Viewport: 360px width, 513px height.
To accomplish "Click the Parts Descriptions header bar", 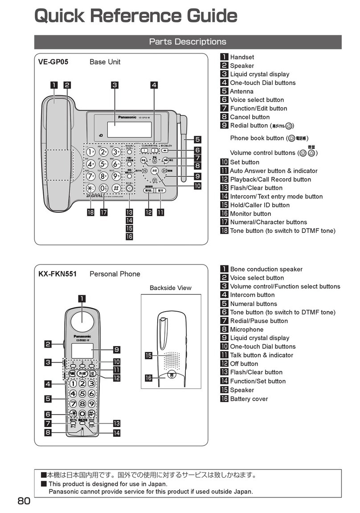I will (x=188, y=42).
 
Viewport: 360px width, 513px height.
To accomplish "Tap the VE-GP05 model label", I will (x=53, y=62).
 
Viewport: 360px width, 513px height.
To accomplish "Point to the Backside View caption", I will (x=170, y=288).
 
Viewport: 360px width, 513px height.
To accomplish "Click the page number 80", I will (x=24, y=501).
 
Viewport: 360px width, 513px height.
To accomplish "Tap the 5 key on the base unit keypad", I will (x=103, y=164).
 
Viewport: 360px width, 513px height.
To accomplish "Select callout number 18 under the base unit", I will (x=91, y=212).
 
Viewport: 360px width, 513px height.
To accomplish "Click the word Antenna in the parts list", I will (x=241, y=91).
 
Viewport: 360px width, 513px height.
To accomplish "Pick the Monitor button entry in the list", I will (x=250, y=214).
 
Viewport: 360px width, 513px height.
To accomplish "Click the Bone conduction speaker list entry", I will (x=266, y=269).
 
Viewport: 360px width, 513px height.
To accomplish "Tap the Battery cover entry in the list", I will (x=249, y=399).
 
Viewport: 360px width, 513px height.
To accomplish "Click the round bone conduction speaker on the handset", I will (x=83, y=320).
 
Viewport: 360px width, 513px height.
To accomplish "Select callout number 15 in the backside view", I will (x=149, y=355).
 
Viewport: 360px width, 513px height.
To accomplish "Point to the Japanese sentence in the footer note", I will (x=151, y=475).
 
